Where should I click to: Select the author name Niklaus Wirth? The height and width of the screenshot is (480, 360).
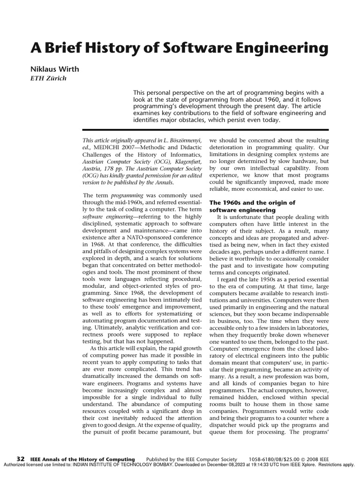click(x=55, y=69)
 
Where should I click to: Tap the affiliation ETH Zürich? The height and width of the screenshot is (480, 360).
click(x=49, y=78)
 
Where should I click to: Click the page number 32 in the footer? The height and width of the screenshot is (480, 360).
click(x=21, y=458)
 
